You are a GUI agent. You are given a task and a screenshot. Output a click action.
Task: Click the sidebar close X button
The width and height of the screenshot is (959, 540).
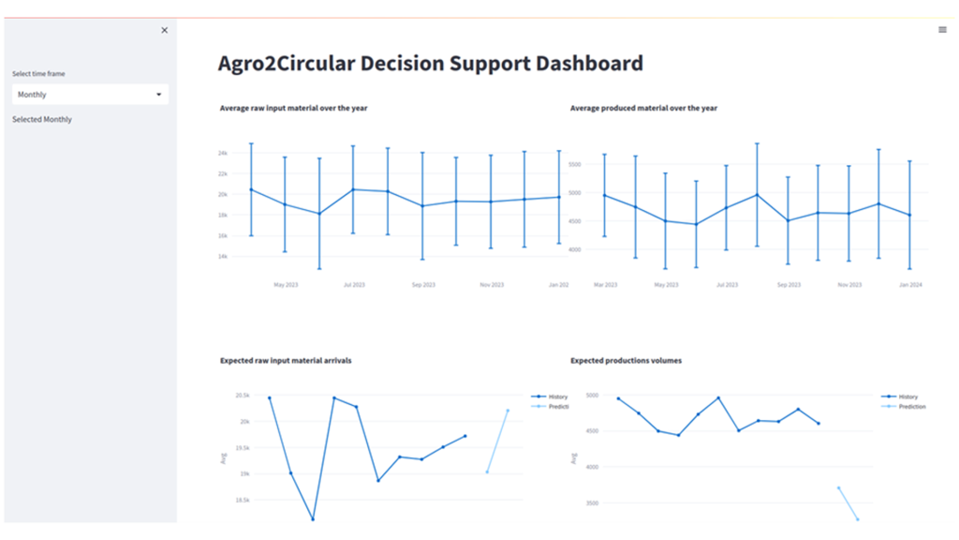tap(165, 30)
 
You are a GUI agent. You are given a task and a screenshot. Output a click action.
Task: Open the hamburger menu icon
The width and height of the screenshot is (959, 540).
tap(942, 30)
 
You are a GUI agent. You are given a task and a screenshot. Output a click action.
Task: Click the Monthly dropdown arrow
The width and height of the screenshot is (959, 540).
tap(159, 95)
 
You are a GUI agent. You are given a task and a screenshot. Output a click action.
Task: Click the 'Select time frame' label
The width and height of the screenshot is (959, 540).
tap(38, 73)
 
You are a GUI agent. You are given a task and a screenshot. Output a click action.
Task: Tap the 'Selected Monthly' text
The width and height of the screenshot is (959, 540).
tap(42, 120)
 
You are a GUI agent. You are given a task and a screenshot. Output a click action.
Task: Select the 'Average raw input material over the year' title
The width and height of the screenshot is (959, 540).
tap(293, 108)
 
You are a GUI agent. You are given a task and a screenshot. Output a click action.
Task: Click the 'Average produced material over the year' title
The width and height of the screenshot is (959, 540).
tap(643, 108)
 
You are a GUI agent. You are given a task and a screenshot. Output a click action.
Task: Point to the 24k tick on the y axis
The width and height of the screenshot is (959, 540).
tap(223, 153)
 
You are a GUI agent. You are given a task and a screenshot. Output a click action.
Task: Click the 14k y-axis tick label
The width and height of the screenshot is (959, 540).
tap(223, 256)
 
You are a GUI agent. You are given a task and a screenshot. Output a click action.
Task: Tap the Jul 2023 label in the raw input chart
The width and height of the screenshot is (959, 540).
tap(354, 284)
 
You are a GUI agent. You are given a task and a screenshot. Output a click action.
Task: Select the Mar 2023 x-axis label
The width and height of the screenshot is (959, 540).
tap(605, 284)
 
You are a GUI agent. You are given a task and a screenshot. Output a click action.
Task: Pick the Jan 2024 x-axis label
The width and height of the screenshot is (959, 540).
tap(910, 284)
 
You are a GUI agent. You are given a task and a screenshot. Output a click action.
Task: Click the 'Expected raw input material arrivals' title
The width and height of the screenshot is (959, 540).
tap(286, 360)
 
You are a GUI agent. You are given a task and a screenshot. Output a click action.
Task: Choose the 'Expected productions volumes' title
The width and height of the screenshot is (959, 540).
tap(626, 360)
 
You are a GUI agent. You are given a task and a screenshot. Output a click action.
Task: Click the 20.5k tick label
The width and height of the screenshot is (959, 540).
tap(242, 396)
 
